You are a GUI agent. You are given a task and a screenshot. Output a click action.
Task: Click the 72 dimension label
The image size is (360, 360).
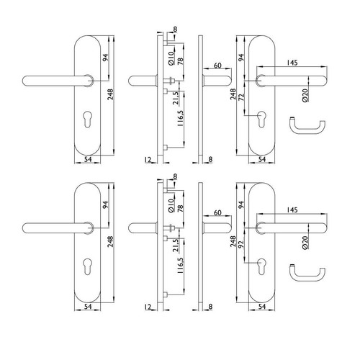coord(242,97)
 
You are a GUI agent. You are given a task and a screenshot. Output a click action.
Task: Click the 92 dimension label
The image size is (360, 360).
coord(242,244)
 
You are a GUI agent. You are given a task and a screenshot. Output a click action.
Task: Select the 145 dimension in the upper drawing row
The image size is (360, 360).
coord(292,63)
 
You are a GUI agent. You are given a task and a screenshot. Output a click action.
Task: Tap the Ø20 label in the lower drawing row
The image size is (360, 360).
coord(305,243)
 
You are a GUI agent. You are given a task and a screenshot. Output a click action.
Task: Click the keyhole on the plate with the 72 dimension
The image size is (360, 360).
coord(261,119)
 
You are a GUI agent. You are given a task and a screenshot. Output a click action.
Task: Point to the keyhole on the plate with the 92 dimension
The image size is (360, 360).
coord(261,266)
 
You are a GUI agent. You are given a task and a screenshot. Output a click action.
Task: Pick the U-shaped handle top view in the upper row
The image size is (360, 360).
coord(307,126)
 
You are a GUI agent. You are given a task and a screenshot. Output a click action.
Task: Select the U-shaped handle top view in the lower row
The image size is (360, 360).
coord(307,274)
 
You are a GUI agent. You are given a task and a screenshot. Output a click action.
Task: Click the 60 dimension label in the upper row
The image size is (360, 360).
coord(217,66)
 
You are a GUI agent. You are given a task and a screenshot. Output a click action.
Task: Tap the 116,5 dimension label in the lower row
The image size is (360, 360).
coord(181,266)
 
